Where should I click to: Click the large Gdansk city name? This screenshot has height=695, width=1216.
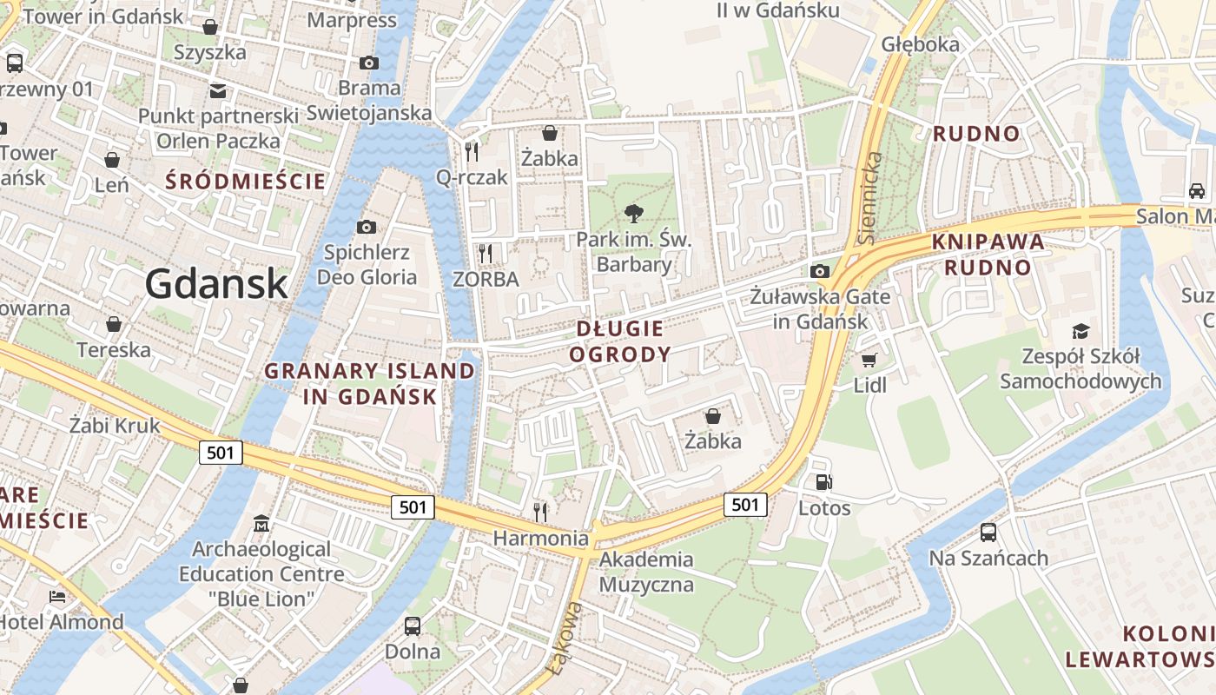coord(216,283)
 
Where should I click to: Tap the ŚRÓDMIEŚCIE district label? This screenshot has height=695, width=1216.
coord(246,182)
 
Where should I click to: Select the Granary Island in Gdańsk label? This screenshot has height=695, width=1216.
coord(370,383)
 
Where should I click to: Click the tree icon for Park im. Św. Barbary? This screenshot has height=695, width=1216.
coord(634,213)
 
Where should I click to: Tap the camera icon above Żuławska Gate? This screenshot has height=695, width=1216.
coord(819,272)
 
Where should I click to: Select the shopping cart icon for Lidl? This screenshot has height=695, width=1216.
coord(869,360)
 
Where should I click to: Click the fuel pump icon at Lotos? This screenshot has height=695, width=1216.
coord(823,482)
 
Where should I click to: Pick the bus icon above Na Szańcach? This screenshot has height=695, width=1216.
coord(988,533)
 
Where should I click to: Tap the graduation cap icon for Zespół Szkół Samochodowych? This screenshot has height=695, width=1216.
coord(1081,331)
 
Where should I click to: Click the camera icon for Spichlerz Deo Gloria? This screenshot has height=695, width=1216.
coord(367,228)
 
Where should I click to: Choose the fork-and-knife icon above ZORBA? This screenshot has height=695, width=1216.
coord(486,253)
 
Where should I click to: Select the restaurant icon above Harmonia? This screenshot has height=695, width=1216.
coord(540,512)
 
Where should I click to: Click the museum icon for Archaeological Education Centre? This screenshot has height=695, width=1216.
coord(261,524)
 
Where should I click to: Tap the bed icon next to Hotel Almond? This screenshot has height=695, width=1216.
coord(57,597)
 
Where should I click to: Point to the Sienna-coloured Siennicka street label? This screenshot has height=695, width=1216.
coord(870,197)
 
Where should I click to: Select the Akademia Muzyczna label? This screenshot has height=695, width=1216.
coord(646,572)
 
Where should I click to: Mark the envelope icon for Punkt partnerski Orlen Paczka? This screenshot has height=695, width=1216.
coord(217,91)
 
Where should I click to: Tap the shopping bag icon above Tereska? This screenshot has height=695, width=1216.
coord(114,324)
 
